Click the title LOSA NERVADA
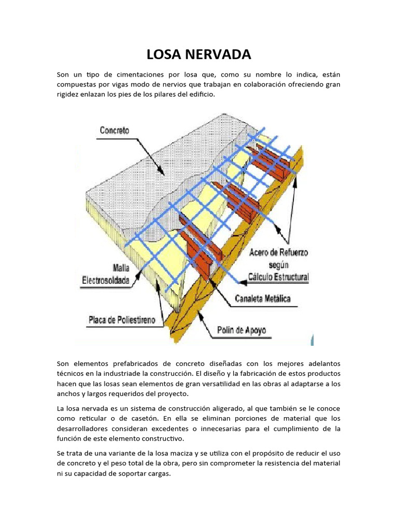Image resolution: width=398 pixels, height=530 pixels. point(199,54)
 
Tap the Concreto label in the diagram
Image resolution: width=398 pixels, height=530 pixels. point(115,131)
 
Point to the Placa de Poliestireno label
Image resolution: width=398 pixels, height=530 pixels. point(125,320)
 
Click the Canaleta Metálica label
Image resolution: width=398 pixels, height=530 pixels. point(263,299)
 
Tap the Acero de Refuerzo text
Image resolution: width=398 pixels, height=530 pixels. point(278,252)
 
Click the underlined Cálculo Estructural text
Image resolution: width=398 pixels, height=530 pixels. point(278,277)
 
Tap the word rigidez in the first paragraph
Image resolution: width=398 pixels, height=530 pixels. point(69,94)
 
